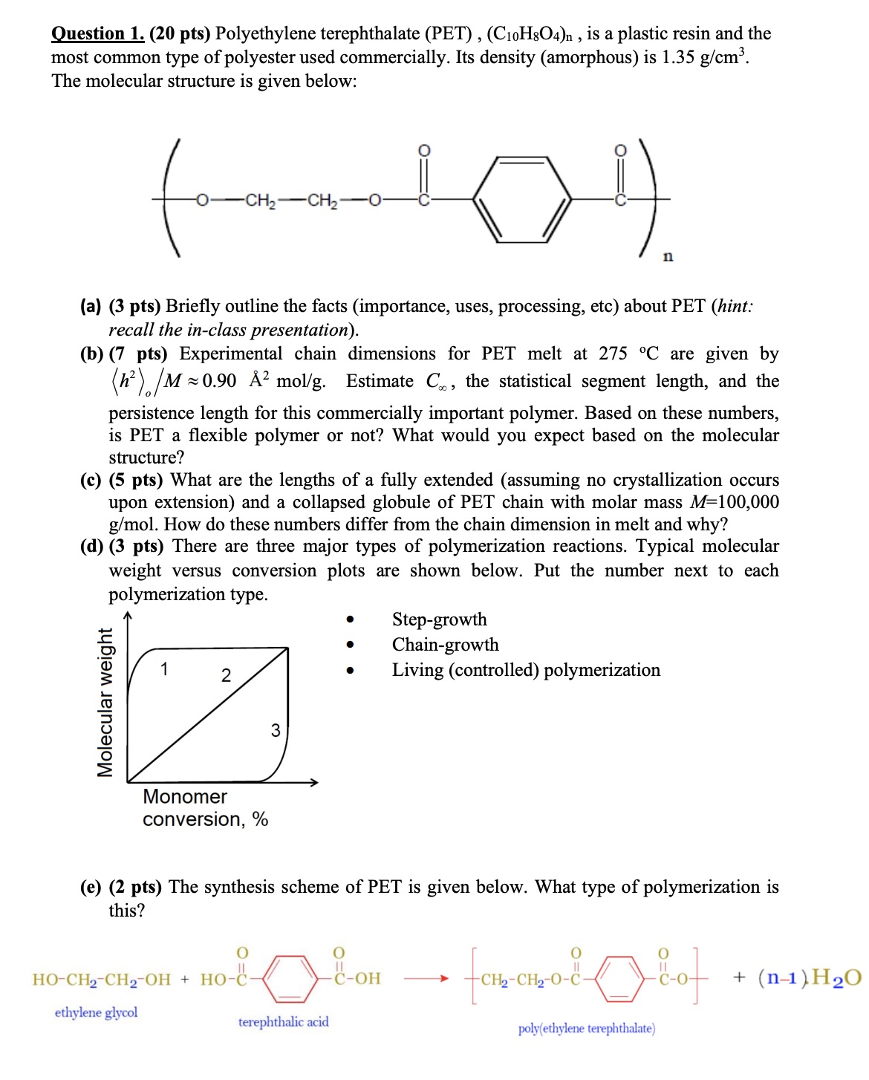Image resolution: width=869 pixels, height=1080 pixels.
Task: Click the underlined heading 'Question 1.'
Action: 97,33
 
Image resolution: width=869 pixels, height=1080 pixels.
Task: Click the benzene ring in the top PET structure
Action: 522,199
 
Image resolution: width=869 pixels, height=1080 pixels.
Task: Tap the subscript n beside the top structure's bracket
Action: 668,256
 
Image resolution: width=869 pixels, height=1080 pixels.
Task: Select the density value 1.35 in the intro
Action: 677,57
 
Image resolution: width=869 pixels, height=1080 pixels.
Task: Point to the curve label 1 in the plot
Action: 164,669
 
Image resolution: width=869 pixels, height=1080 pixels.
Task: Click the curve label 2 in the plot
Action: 226,675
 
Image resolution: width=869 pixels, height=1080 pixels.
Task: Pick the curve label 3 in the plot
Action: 276,730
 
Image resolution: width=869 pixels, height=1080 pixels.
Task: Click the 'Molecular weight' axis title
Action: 105,703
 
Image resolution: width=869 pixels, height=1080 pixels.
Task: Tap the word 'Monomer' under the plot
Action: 185,796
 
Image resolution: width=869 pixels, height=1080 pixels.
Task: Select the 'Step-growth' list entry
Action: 439,619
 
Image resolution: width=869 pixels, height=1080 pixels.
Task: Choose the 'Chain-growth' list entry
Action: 445,645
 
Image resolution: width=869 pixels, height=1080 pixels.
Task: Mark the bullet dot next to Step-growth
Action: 350,619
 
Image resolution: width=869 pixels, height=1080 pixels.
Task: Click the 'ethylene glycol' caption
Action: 96,1012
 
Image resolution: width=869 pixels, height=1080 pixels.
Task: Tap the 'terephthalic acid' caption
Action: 283,1022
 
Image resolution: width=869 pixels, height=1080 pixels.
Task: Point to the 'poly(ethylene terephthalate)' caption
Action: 586,1029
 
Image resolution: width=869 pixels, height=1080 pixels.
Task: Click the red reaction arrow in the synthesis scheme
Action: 426,978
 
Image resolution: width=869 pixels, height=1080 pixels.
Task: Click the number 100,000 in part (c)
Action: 748,502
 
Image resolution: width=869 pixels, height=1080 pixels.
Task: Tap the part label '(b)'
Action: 91,354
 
